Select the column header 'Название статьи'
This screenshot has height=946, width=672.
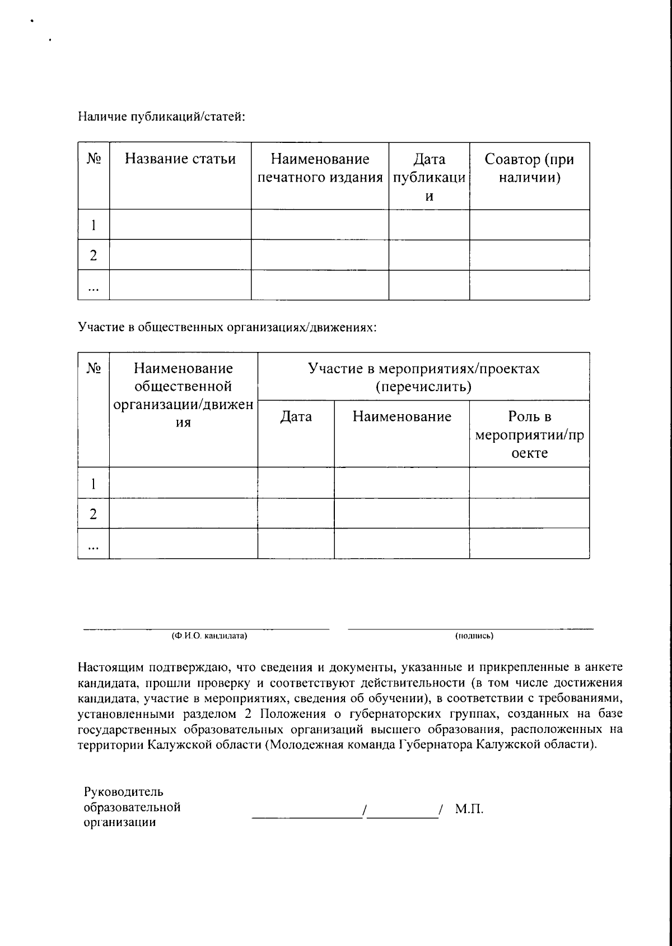click(x=180, y=159)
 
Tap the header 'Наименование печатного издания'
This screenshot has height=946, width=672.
click(x=320, y=168)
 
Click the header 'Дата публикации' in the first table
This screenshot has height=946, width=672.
click(x=429, y=177)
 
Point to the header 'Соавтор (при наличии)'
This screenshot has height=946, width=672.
click(x=529, y=168)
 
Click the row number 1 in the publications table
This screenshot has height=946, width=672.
click(x=94, y=225)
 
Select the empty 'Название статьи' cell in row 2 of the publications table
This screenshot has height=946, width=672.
click(x=180, y=255)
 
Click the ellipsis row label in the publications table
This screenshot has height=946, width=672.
click(x=94, y=287)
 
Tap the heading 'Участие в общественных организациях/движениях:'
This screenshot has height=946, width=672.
click(x=227, y=327)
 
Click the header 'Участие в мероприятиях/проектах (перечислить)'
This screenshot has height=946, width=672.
click(x=423, y=377)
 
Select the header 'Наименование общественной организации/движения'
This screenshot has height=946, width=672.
click(x=183, y=395)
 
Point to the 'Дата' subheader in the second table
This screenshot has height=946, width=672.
click(x=296, y=416)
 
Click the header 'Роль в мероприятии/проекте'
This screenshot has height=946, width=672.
click(x=529, y=434)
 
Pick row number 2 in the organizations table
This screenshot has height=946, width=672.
click(x=94, y=513)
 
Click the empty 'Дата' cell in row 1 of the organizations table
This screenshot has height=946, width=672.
click(x=296, y=483)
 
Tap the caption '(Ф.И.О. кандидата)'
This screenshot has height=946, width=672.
click(x=209, y=636)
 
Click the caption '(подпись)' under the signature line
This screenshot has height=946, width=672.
click(x=474, y=636)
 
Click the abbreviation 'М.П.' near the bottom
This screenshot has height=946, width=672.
click(x=469, y=809)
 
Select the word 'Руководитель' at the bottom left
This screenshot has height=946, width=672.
click(x=124, y=792)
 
